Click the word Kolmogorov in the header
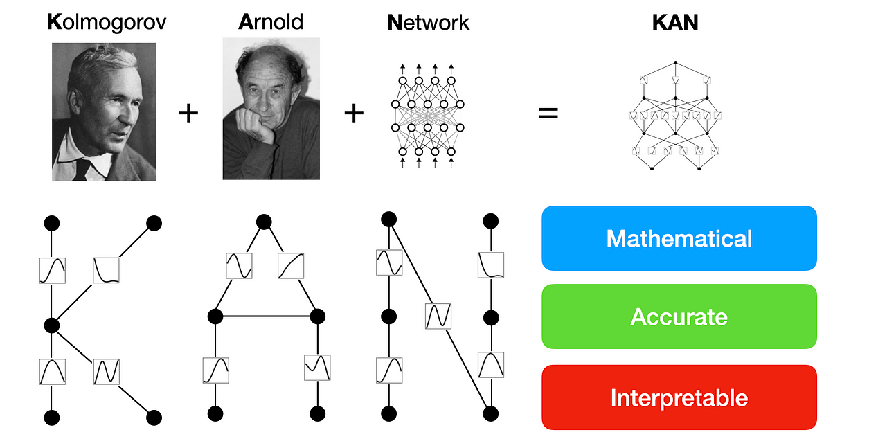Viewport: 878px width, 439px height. (x=107, y=22)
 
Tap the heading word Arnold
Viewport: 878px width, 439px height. (x=271, y=22)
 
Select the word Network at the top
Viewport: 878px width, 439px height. (x=428, y=22)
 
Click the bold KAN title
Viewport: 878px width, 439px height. (x=675, y=22)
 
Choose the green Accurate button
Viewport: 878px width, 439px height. (x=679, y=316)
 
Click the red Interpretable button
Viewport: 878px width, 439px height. (x=679, y=397)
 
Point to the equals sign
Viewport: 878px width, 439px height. (x=548, y=112)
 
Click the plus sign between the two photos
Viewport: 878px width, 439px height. (x=188, y=112)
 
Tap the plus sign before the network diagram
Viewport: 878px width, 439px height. (x=354, y=112)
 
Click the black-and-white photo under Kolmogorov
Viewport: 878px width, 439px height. (x=104, y=111)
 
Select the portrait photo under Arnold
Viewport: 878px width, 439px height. (x=271, y=108)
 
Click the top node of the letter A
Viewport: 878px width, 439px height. (x=264, y=222)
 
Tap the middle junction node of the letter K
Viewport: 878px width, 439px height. (x=52, y=325)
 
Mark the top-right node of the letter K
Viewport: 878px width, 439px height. (x=154, y=223)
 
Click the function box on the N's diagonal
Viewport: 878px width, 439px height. (x=439, y=316)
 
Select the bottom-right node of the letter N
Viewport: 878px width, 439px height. (x=491, y=414)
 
